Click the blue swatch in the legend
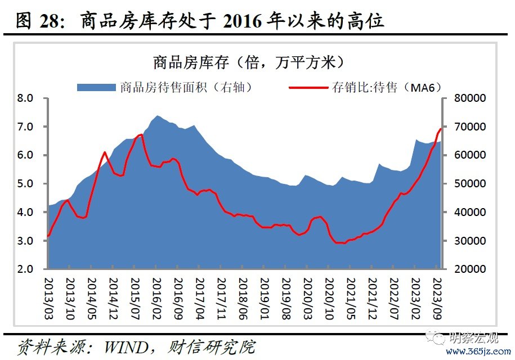point(96,87)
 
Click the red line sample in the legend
point(308,87)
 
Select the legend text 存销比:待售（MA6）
point(386,87)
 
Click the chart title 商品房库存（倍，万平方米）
point(248,61)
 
